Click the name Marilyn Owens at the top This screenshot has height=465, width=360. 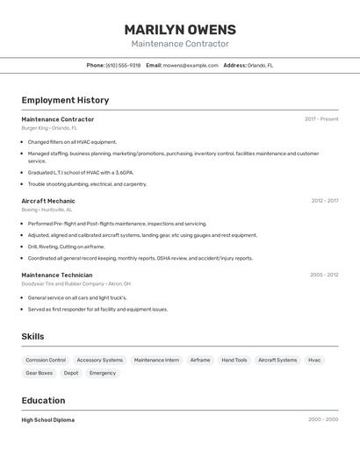180,30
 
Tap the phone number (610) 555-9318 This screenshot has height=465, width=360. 123,65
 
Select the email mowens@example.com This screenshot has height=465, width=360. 191,65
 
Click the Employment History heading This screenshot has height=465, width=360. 65,100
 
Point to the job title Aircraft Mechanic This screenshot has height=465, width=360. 48,201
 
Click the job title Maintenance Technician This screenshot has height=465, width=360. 57,275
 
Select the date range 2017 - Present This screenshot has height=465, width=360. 321,119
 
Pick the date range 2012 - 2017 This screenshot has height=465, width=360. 324,201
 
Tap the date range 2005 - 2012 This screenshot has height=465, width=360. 324,275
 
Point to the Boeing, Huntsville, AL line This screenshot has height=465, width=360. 47,210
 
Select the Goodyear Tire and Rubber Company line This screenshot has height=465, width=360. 76,283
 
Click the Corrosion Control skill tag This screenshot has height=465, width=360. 46,360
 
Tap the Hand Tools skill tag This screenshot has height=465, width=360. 234,360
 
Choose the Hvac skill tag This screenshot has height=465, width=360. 314,360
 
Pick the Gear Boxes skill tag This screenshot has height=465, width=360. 40,373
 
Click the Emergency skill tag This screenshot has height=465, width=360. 103,373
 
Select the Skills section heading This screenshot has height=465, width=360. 32,336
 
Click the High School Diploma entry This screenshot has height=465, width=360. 48,419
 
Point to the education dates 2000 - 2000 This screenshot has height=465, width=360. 323,419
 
